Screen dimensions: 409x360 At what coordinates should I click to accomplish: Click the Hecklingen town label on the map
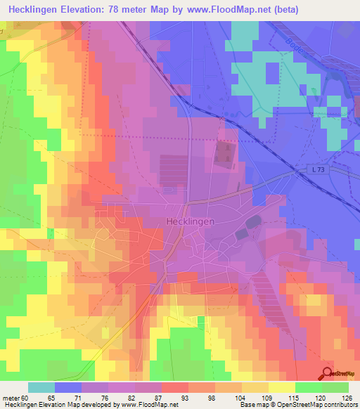[191, 221]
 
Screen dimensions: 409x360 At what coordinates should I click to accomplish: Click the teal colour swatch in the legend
[41, 387]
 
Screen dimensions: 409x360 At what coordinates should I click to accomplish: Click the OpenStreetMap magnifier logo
[326, 373]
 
